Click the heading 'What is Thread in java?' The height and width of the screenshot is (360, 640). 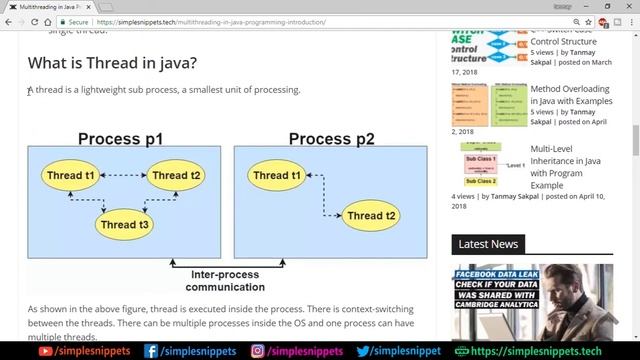pyautogui.click(x=112, y=64)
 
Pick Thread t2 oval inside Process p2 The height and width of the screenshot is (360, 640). pyautogui.click(x=372, y=215)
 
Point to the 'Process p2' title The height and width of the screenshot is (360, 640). pyautogui.click(x=331, y=138)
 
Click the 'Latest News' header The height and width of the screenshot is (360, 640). pyautogui.click(x=488, y=243)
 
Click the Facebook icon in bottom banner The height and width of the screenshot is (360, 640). pyautogui.click(x=152, y=351)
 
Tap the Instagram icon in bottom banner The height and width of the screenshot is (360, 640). pyautogui.click(x=257, y=351)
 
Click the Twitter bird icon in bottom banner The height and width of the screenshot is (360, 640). pyautogui.click(x=363, y=351)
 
